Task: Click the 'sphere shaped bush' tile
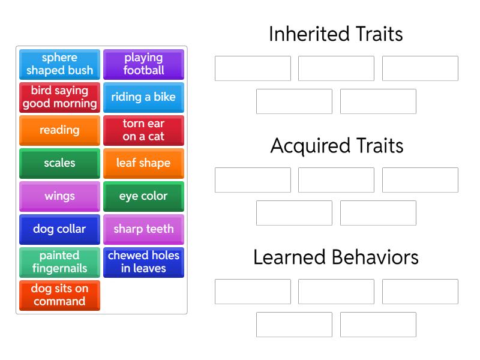pyautogui.click(x=59, y=64)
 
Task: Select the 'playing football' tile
pyautogui.click(x=143, y=64)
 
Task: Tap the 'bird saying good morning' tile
pyautogui.click(x=59, y=97)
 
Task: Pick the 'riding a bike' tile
pyautogui.click(x=143, y=97)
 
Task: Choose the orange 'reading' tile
pyautogui.click(x=59, y=130)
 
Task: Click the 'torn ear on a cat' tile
pyautogui.click(x=143, y=130)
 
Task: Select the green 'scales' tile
pyautogui.click(x=59, y=163)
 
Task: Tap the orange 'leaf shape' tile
pyautogui.click(x=143, y=163)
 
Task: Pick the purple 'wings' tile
pyautogui.click(x=59, y=196)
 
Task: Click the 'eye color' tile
pyautogui.click(x=143, y=196)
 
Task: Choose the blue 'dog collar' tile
pyautogui.click(x=59, y=229)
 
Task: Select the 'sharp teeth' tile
pyautogui.click(x=143, y=229)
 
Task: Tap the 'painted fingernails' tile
pyautogui.click(x=59, y=262)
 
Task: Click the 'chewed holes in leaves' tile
pyautogui.click(x=143, y=262)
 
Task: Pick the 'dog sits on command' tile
pyautogui.click(x=59, y=295)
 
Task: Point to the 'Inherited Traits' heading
pyautogui.click(x=336, y=34)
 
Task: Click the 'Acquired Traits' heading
pyautogui.click(x=336, y=146)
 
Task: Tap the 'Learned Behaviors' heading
pyautogui.click(x=336, y=257)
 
